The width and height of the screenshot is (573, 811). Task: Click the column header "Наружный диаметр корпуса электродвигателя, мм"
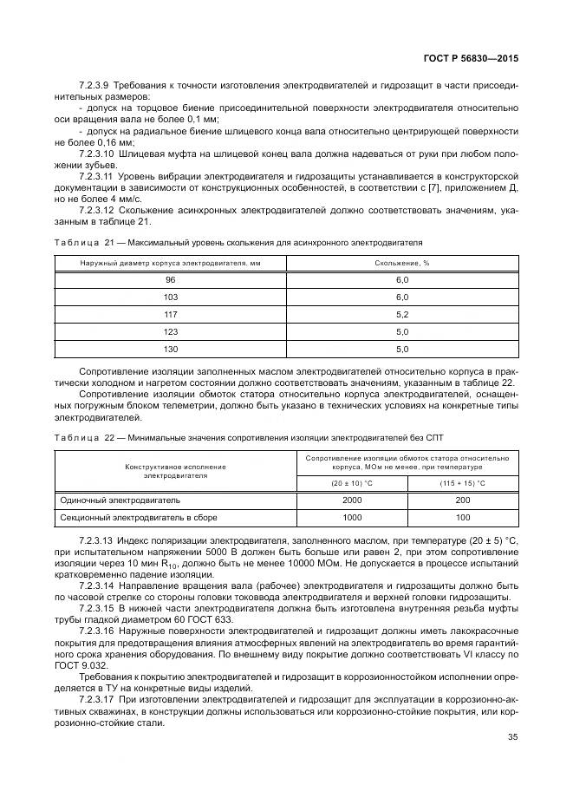pyautogui.click(x=170, y=263)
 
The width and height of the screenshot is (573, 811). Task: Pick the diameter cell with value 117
pyautogui.click(x=170, y=314)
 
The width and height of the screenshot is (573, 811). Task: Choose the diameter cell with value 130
pyautogui.click(x=170, y=349)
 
